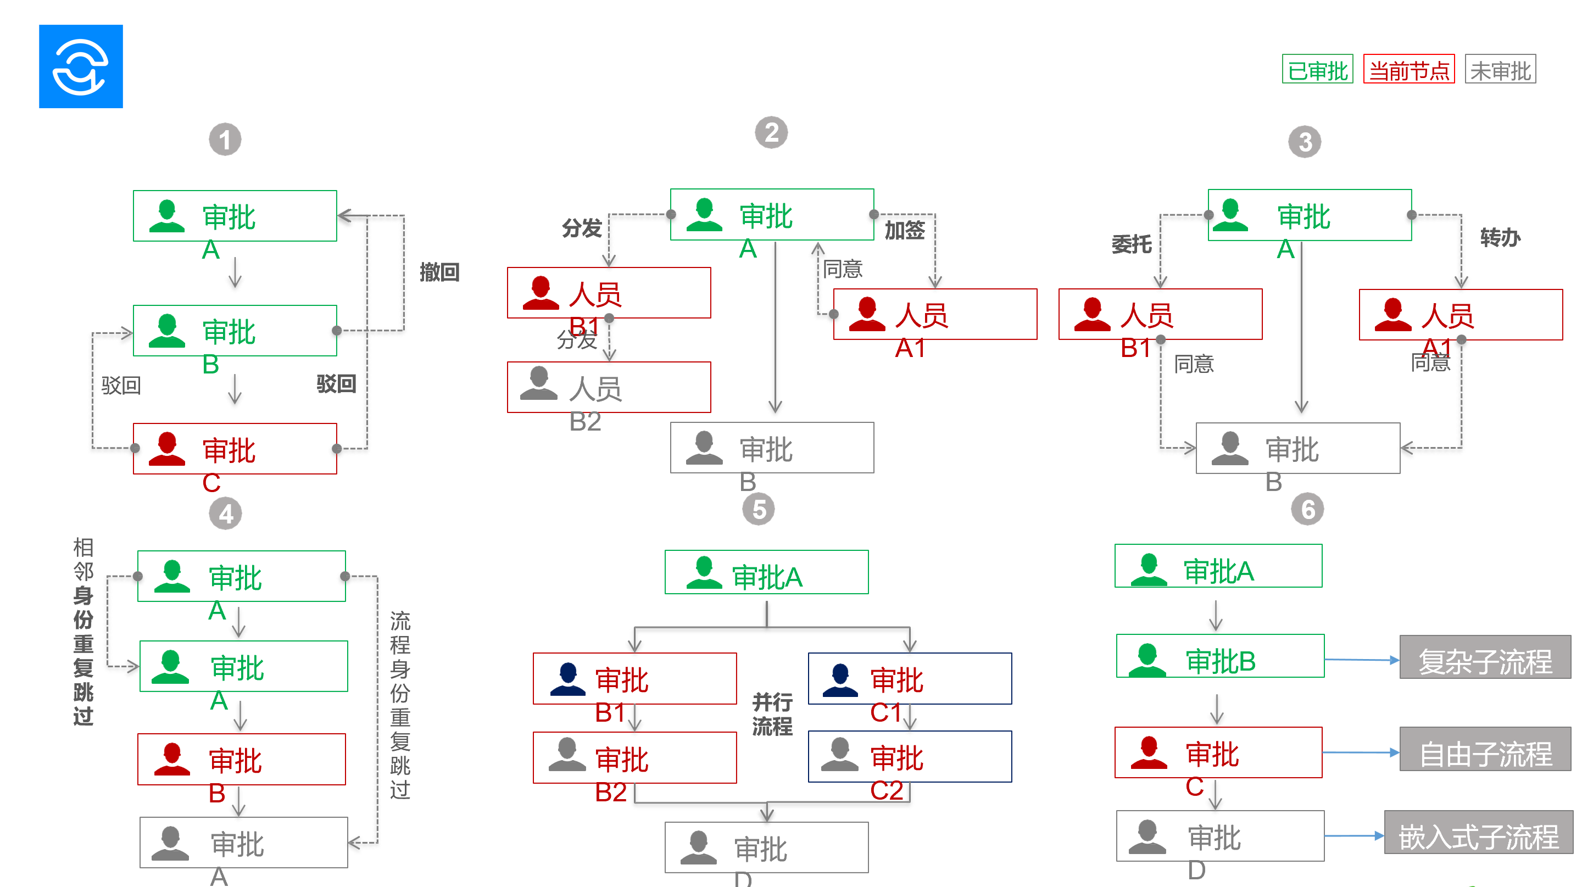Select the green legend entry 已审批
point(1317,69)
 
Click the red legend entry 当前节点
point(1408,69)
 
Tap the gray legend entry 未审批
point(1500,69)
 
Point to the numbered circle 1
point(225,140)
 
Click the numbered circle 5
point(759,510)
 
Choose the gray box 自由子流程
point(1484,750)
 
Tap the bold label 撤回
point(439,272)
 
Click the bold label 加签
point(904,230)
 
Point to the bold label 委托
point(1131,244)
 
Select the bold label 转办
point(1500,238)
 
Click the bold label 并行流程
point(772,714)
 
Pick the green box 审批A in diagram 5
point(766,572)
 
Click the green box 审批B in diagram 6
point(1219,656)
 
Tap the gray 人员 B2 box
point(609,387)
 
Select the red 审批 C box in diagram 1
point(235,449)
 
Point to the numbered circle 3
point(1305,142)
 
